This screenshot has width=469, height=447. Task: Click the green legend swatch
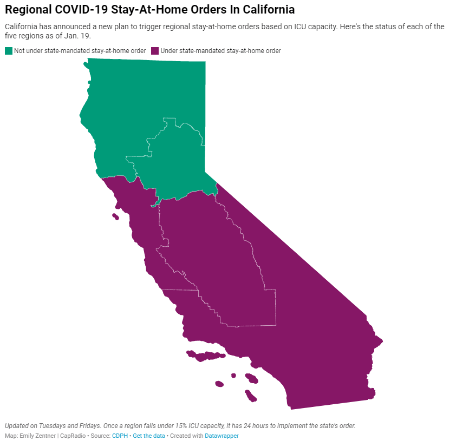coord(9,51)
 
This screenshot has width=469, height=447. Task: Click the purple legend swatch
coord(155,51)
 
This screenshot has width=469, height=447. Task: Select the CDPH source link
coord(120,436)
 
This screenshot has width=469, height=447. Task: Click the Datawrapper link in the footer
coord(222,436)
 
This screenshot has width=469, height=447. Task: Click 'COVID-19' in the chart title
coord(76,10)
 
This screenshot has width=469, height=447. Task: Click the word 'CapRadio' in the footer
coord(71,436)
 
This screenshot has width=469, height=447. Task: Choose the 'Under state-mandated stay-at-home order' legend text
coord(221,51)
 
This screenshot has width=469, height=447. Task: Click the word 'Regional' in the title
coord(27,10)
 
